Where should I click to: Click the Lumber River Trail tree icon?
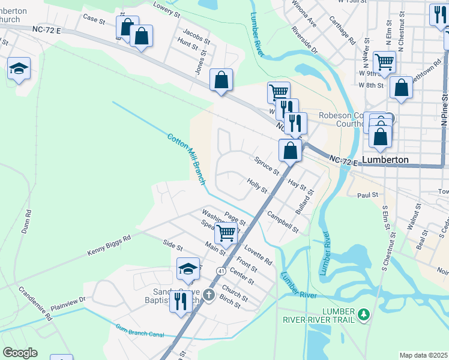pyautogui.click(x=363, y=314)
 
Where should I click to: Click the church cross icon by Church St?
pyautogui.click(x=208, y=295)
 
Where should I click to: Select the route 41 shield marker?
pyautogui.click(x=222, y=272)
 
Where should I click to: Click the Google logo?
pyautogui.click(x=20, y=353)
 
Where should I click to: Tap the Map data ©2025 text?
pyautogui.click(x=423, y=355)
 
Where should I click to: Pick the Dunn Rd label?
pyautogui.click(x=26, y=221)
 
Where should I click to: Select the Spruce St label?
pyautogui.click(x=267, y=166)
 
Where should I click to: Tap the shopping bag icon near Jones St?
pyautogui.click(x=221, y=80)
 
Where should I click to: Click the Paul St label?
pyautogui.click(x=367, y=195)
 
